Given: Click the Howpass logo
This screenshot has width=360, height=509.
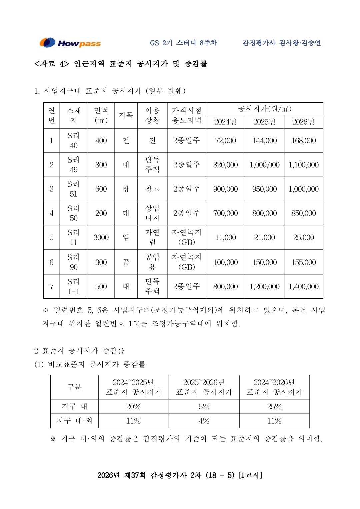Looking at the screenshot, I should click(x=70, y=43).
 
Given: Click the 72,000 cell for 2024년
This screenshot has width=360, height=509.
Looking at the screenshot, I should click(x=225, y=141).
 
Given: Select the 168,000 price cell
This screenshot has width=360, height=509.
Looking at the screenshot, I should click(x=303, y=141).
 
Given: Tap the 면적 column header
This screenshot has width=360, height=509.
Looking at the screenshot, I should click(x=101, y=115).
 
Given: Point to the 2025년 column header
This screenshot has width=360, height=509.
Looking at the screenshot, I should click(x=264, y=122).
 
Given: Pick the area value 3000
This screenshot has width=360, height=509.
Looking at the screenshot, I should click(x=101, y=238).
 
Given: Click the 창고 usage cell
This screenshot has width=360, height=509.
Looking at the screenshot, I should click(x=152, y=189).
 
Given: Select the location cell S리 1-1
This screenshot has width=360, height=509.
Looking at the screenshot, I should click(x=74, y=287).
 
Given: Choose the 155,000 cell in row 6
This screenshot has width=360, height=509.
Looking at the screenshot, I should click(x=303, y=262).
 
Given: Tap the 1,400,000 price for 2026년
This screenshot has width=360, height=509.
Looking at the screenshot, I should click(x=303, y=287).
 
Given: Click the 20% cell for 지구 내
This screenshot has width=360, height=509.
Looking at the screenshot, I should click(x=133, y=407).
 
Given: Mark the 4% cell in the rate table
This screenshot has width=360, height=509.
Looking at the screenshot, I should click(x=204, y=421).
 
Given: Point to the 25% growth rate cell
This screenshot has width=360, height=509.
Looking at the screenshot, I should click(x=274, y=407).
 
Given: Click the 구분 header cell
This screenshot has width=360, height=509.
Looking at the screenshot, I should click(x=74, y=387).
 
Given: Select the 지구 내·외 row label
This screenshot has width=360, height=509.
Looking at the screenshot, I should click(x=74, y=421).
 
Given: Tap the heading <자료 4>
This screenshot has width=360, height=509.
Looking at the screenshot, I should click(x=52, y=64).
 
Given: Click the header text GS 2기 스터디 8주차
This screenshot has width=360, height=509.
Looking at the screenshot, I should click(x=183, y=43).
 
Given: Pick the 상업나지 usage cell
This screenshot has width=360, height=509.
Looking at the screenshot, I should click(x=152, y=213).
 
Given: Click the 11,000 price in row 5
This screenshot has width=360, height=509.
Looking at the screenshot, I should click(x=225, y=238).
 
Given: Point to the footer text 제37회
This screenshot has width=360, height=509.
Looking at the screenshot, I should click(x=135, y=475).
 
